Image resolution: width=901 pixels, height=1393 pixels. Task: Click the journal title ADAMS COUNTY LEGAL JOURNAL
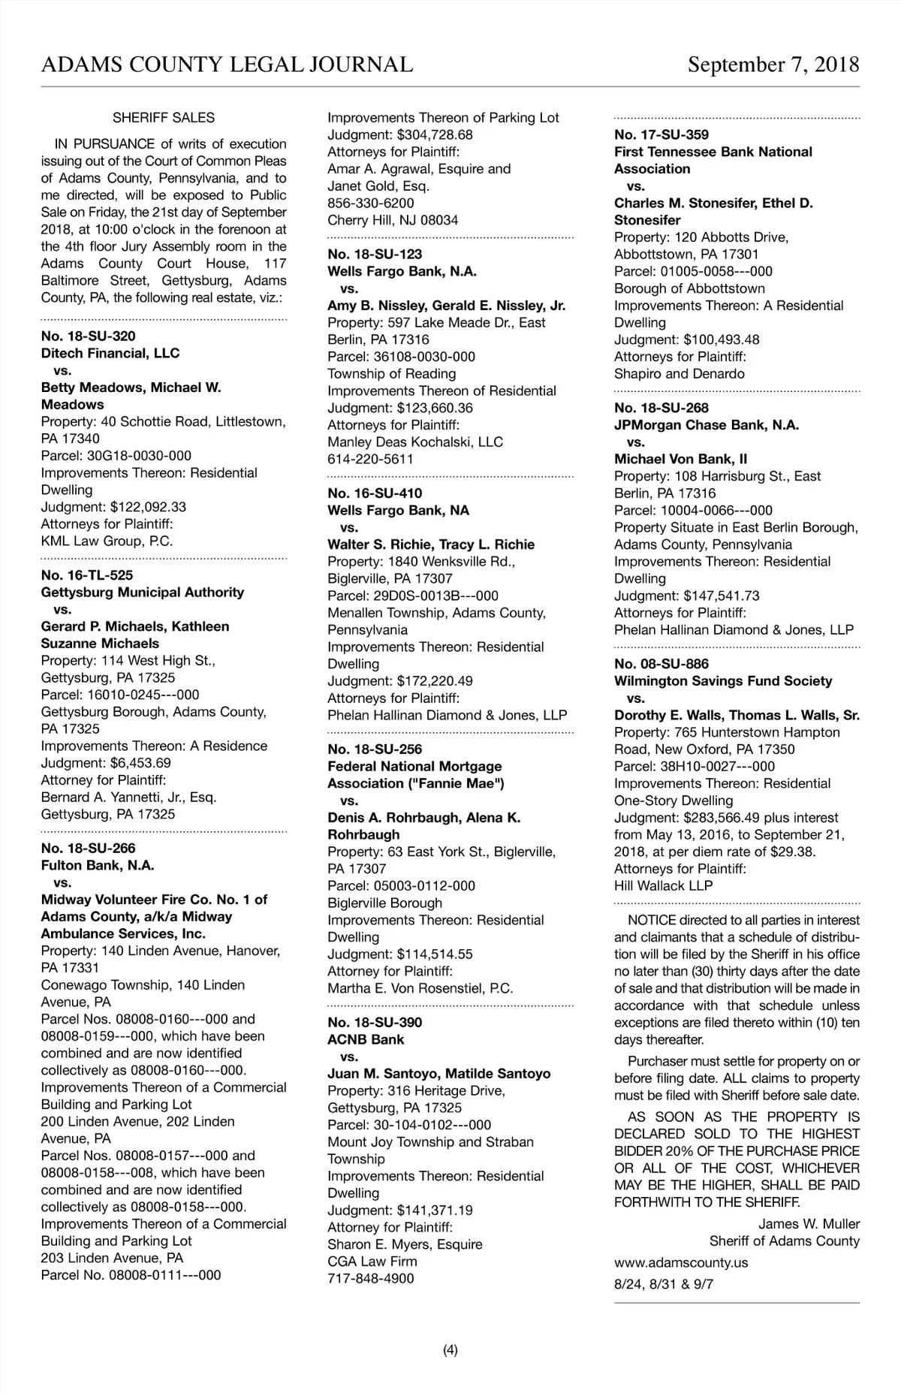click(x=227, y=65)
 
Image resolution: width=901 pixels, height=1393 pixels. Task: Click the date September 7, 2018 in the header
click(x=773, y=65)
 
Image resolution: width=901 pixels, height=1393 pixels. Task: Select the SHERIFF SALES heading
click(x=164, y=118)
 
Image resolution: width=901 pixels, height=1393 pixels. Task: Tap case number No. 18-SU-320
click(x=89, y=336)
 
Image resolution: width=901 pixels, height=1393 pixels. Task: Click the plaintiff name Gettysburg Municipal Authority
click(x=143, y=592)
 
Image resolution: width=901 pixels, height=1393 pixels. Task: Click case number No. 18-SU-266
click(x=89, y=849)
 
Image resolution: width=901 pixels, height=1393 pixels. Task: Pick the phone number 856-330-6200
click(x=371, y=203)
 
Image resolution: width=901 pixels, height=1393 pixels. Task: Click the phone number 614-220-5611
click(x=371, y=459)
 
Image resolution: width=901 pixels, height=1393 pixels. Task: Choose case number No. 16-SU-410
click(x=375, y=493)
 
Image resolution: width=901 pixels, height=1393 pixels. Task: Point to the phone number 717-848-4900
click(x=371, y=1278)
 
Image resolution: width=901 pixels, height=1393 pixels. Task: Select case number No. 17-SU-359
click(x=661, y=135)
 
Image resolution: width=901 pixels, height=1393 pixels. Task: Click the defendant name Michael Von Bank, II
click(x=680, y=459)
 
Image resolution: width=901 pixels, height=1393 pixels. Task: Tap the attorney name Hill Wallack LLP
click(x=664, y=885)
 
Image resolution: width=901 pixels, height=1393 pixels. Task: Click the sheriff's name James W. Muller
click(x=809, y=1224)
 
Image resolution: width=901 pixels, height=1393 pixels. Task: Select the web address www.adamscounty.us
click(x=681, y=1262)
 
